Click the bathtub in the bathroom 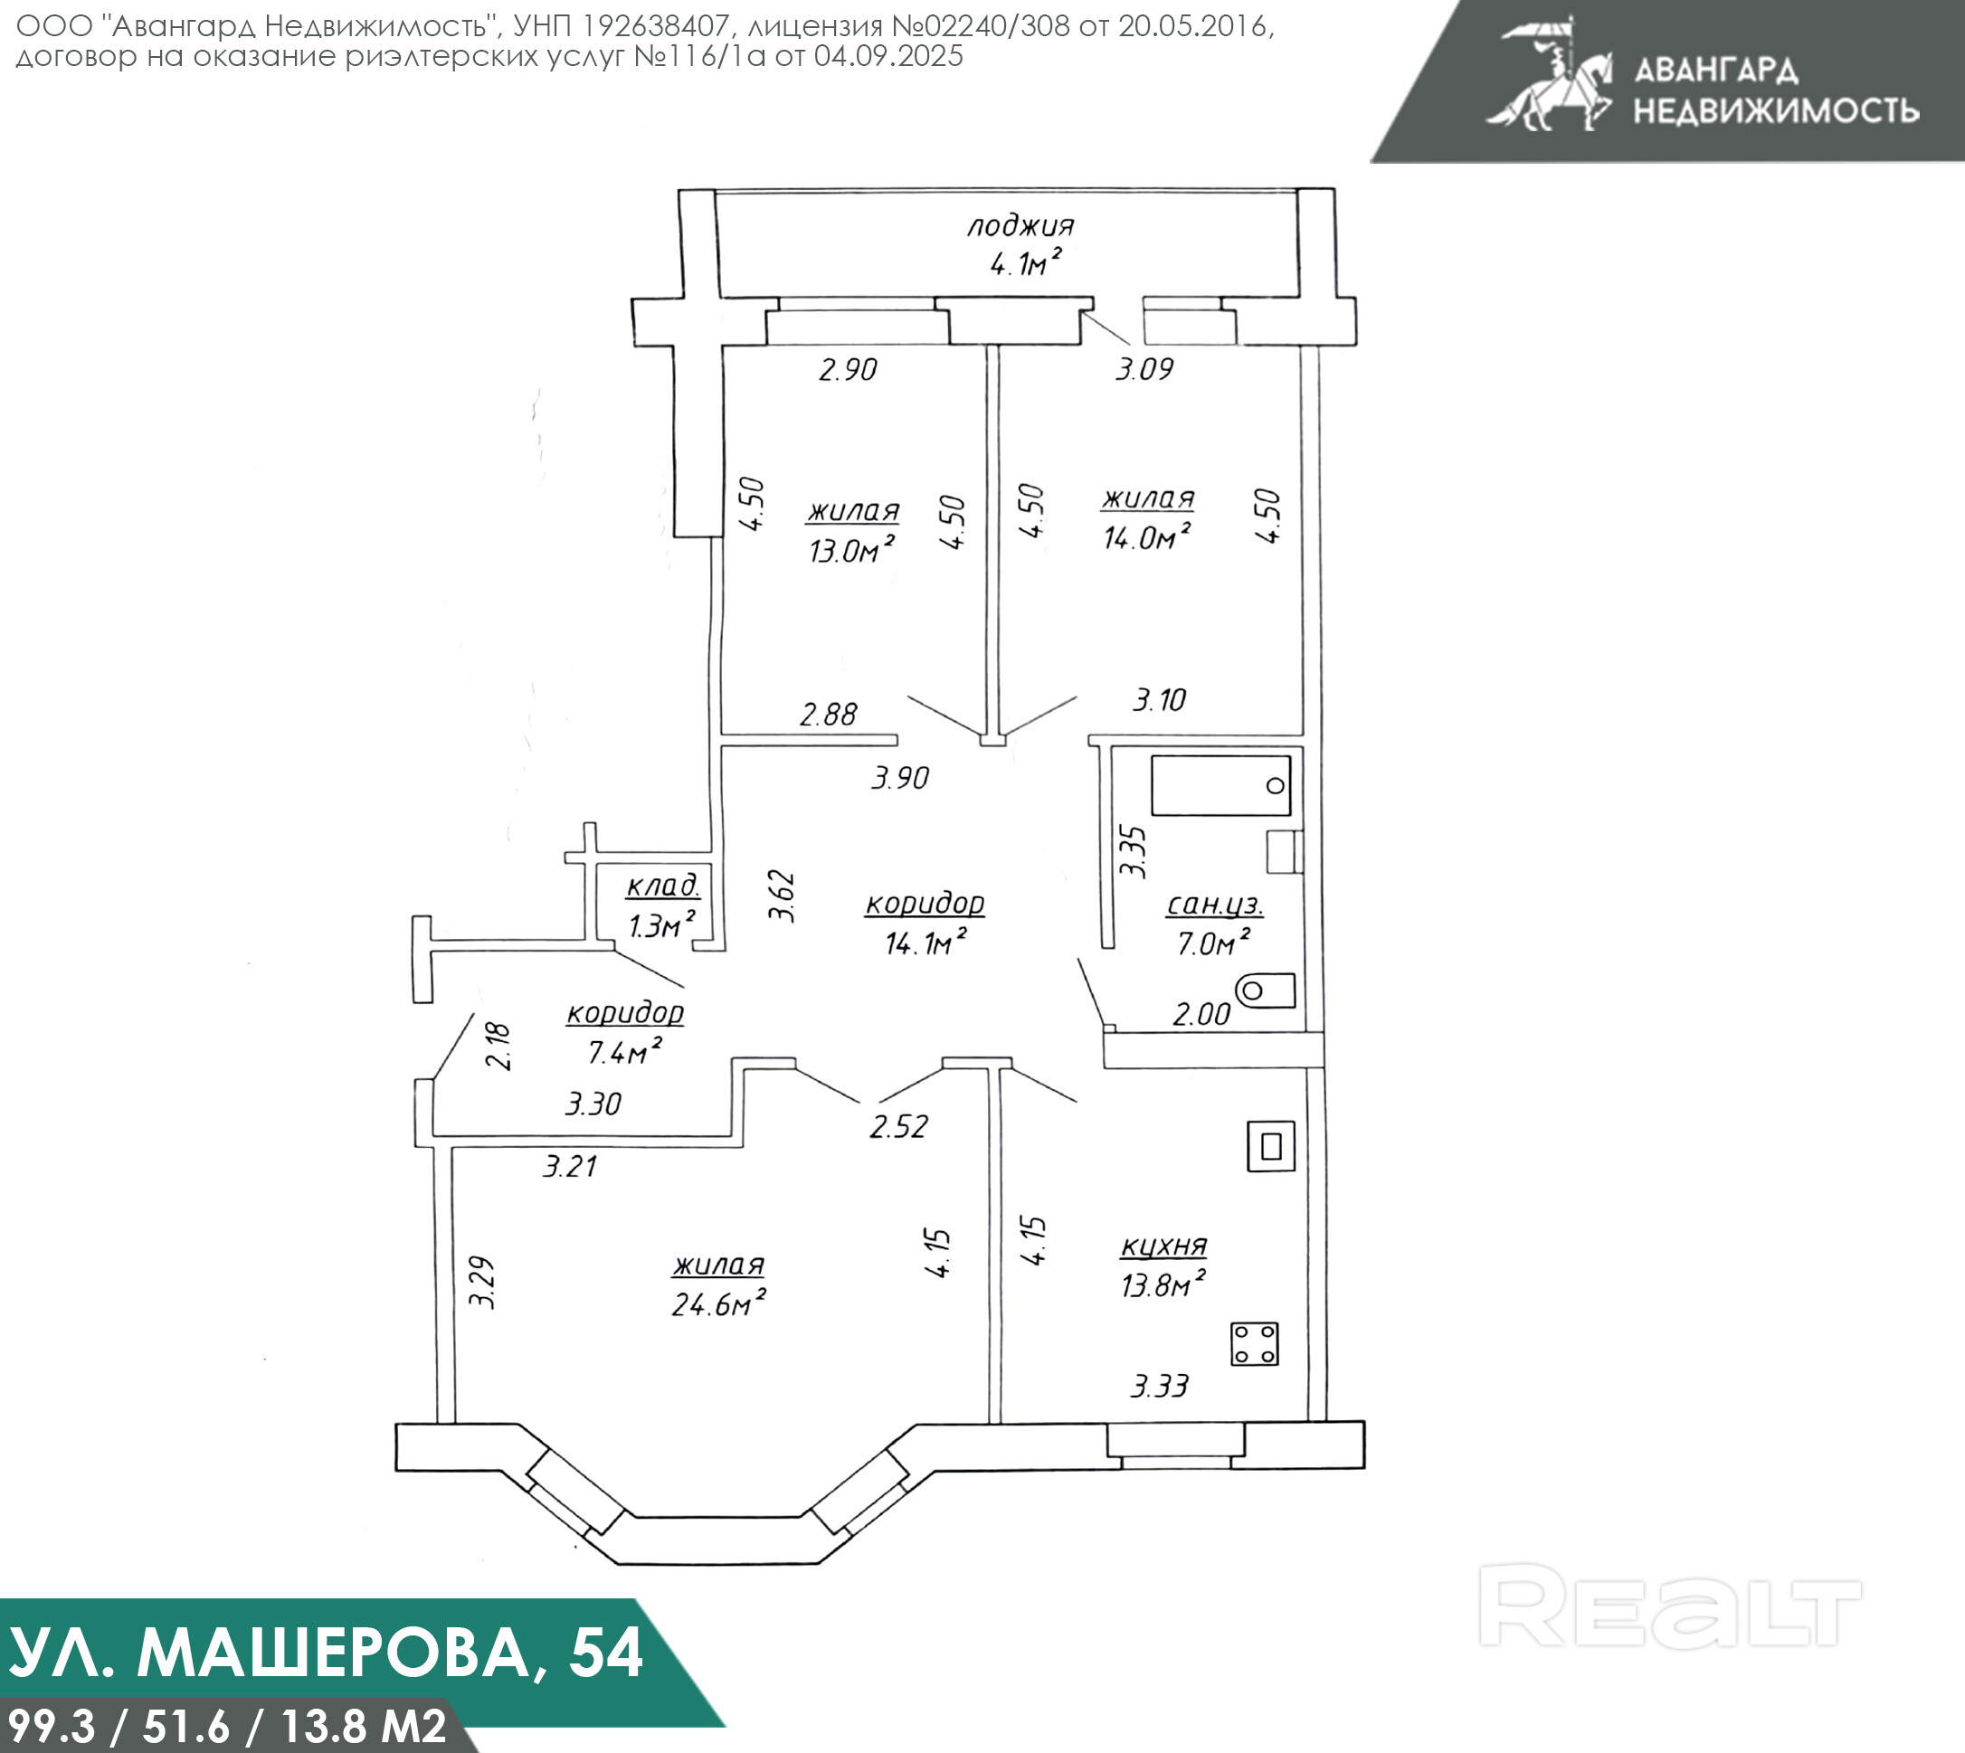1220,786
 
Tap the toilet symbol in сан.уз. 1265,990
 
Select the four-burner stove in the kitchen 1254,1343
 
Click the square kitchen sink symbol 1270,1146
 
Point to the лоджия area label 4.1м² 1026,261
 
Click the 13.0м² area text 851,550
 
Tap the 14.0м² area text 1146,536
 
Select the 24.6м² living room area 718,1303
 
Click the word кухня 1163,1246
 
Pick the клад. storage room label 663,886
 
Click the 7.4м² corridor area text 624,1052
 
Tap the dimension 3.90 899,777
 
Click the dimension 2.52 898,1126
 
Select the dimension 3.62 783,896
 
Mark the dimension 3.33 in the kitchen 1159,1386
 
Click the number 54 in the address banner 605,1653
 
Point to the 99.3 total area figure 50,1725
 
